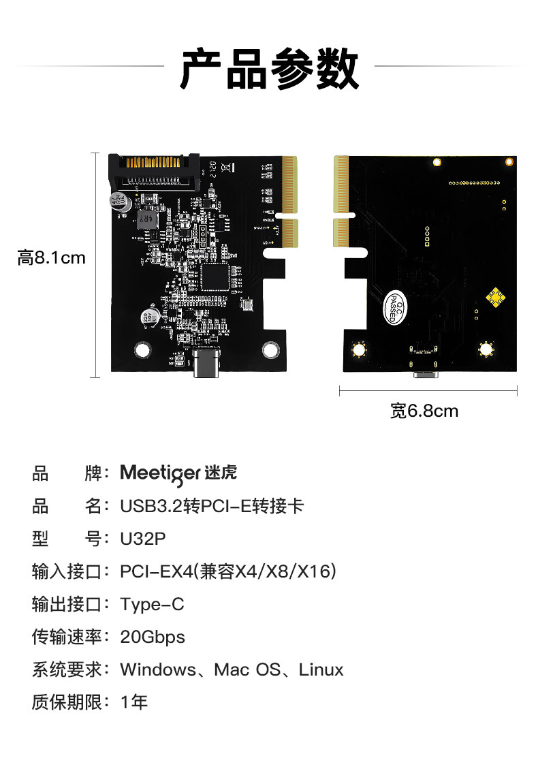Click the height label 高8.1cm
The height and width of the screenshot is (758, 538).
coord(52,258)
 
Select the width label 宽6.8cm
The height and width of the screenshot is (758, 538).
coord(424,411)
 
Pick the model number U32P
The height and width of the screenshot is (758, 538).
coord(143,539)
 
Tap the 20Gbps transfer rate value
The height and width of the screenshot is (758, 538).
coord(153,637)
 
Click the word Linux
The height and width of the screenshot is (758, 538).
coord(321,669)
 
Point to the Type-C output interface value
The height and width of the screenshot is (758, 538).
coord(153,604)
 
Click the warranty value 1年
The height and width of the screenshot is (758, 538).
coord(134,702)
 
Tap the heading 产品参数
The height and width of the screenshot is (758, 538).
coord(269,69)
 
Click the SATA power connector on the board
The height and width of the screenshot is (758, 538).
coord(155,172)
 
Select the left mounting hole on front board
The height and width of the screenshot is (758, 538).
coord(142,349)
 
